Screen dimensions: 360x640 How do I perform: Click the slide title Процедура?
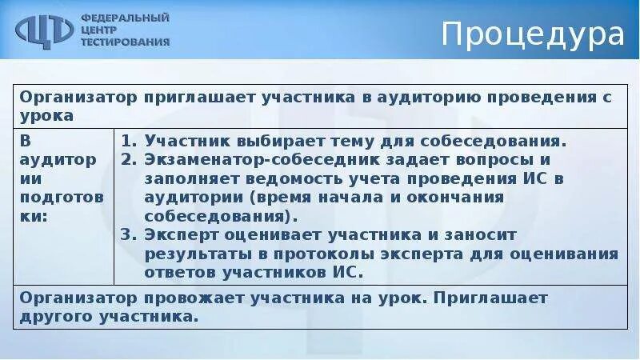point(533,35)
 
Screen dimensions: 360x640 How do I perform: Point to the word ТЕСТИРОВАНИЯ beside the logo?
point(125,42)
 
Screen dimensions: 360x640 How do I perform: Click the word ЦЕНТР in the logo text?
point(98,30)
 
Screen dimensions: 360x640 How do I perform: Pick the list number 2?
point(127,158)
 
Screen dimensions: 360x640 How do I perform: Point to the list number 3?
point(127,234)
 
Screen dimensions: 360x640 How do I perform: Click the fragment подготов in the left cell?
point(56,197)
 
